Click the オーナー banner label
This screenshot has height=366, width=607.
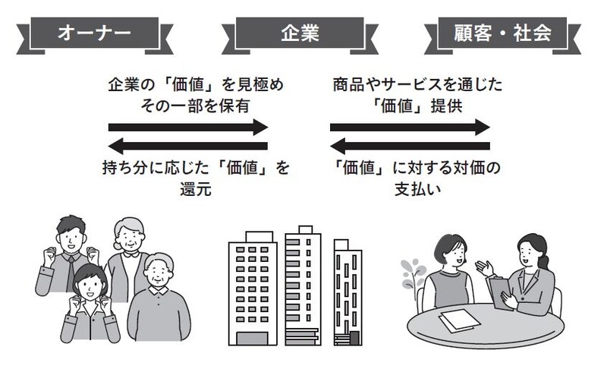[95, 33]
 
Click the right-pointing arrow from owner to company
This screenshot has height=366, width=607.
[188, 127]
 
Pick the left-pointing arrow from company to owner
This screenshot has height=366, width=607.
[188, 145]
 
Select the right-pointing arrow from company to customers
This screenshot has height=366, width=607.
[410, 127]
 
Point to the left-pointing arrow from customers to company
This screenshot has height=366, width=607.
[410, 145]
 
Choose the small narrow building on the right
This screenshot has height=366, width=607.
[347, 292]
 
